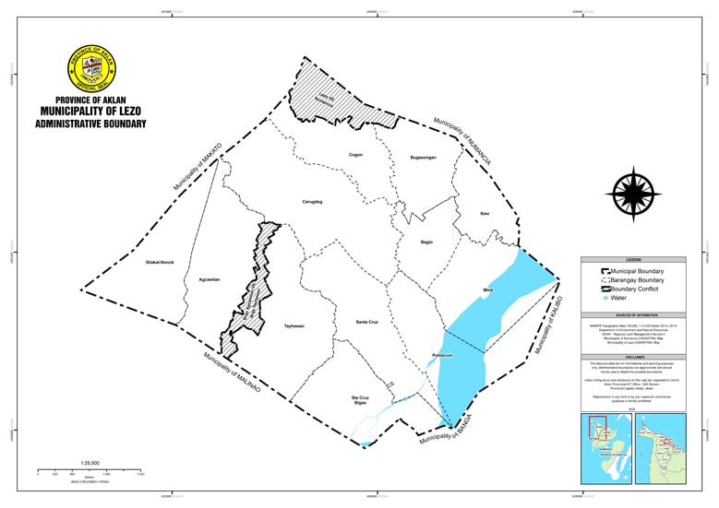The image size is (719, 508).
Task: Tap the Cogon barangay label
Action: (x=355, y=155)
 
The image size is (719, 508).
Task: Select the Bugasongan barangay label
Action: (x=423, y=159)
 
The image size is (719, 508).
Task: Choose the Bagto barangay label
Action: (x=426, y=242)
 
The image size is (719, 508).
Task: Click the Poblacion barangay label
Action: (x=442, y=355)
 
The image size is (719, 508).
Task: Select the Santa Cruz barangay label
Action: (x=368, y=323)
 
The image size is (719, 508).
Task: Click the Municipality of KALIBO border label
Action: (x=549, y=325)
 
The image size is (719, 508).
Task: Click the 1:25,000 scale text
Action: (x=90, y=461)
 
